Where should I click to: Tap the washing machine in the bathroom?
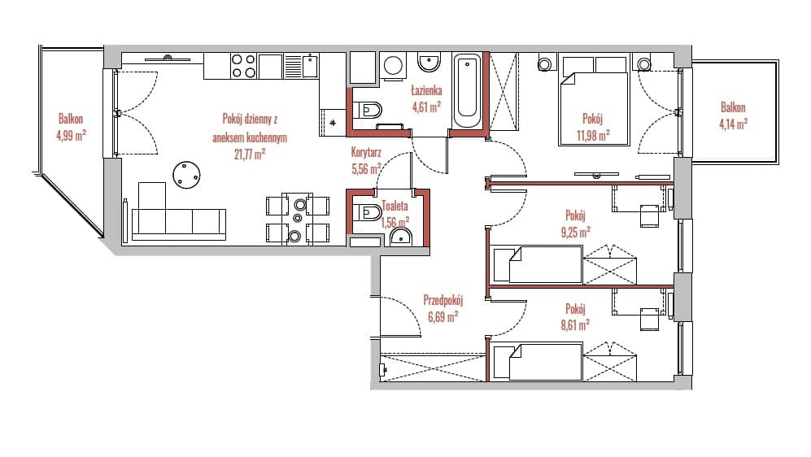pos(394,66)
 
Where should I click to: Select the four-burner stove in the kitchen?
pos(243,66)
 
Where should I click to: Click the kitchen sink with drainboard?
pos(302,66)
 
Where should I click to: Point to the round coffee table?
pos(186,176)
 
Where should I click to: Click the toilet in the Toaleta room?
pos(368,212)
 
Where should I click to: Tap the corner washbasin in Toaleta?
pos(400,237)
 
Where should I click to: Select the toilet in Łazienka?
pos(368,110)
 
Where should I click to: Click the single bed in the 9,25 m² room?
pos(538,265)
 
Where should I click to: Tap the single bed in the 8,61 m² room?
pos(538,362)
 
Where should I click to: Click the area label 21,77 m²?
pos(250,154)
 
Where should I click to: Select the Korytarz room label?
pos(366,153)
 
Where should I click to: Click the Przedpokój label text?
pos(443,300)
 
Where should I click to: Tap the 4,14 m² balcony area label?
pos(733,124)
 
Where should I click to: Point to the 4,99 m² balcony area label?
pos(71,136)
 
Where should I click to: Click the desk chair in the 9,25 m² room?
pos(650,216)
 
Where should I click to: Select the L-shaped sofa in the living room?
pos(178,212)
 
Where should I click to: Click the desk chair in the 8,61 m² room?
pos(650,319)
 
